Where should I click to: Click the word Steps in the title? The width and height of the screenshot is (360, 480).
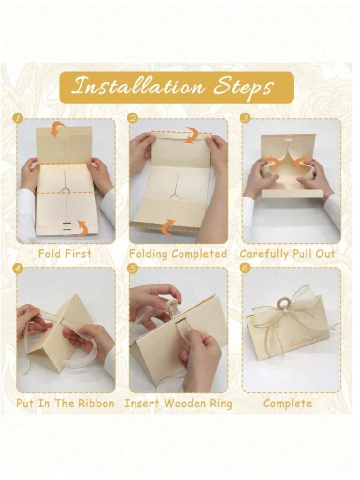(244, 87)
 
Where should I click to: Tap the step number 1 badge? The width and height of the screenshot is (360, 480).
(18, 119)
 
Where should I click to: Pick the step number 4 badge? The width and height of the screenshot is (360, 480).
(18, 269)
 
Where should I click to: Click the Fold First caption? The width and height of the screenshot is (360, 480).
(65, 254)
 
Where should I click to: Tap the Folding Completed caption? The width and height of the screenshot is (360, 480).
(178, 254)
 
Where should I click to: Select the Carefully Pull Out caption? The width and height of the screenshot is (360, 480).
(288, 254)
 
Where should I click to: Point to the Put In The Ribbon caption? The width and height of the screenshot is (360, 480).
(66, 403)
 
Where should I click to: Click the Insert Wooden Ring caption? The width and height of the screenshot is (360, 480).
(178, 403)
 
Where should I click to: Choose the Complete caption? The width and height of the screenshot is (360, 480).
(288, 403)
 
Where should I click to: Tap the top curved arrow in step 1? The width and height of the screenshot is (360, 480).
(58, 129)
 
